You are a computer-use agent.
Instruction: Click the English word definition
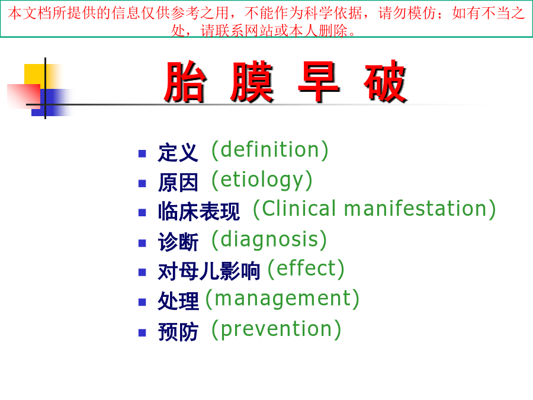pyautogui.click(x=270, y=150)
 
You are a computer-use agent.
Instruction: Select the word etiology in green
pyautogui.click(x=262, y=180)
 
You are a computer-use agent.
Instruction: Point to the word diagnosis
pyautogui.click(x=269, y=240)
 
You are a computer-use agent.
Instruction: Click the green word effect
pyautogui.click(x=306, y=268)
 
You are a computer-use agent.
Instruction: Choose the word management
pyautogui.click(x=282, y=299)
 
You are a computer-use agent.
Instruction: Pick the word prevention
pyautogui.click(x=277, y=329)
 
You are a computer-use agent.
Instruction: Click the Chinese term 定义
pyautogui.click(x=178, y=152)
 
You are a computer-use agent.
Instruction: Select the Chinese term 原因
pyautogui.click(x=178, y=183)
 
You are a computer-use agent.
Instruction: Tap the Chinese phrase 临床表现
pyautogui.click(x=199, y=212)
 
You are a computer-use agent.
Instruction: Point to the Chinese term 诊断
pyautogui.click(x=178, y=242)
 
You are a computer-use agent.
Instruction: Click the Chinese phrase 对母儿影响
pyautogui.click(x=208, y=271)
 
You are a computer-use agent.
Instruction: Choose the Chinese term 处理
pyautogui.click(x=178, y=301)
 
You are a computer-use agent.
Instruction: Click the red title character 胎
pyautogui.click(x=185, y=82)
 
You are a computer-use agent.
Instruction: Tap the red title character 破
pyautogui.click(x=385, y=82)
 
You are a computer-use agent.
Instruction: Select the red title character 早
pyautogui.click(x=319, y=82)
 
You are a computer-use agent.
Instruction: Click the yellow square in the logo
pyautogui.click(x=35, y=75)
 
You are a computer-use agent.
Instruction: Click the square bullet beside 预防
pyautogui.click(x=142, y=332)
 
